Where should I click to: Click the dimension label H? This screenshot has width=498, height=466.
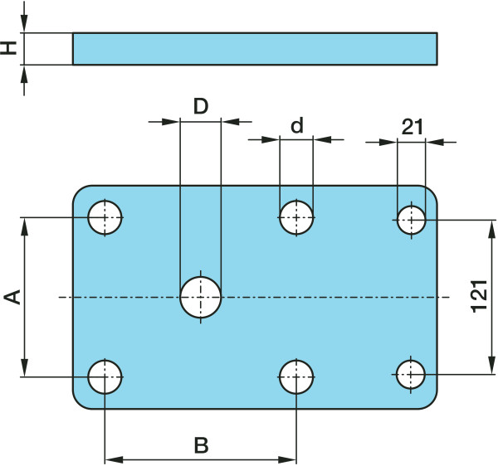coord(9,48)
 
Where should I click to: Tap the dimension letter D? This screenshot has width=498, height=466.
coord(200,105)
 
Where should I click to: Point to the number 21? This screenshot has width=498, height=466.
coord(412,127)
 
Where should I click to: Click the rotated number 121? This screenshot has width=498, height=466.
coord(479,296)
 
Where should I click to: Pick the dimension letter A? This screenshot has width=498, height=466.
coord(12,297)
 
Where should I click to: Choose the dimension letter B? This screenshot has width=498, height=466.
coord(201,445)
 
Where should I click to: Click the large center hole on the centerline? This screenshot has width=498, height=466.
coord(201,297)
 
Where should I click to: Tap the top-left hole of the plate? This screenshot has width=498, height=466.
coord(105,218)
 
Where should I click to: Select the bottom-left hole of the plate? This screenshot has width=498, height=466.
coord(105,376)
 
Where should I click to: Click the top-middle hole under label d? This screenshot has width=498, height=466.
coord(296,218)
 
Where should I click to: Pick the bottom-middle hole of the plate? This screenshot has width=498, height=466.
coord(296,376)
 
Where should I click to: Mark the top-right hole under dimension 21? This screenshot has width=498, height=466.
coord(411,221)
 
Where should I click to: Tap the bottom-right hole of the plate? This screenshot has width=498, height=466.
coord(411,374)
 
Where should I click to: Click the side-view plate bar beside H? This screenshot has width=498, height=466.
coord(254,48)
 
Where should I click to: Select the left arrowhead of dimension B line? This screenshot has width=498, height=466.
coord(113,459)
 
